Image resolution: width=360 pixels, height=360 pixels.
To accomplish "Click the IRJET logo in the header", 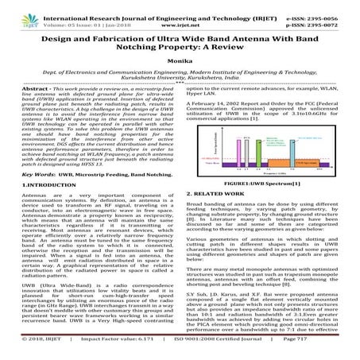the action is tap(18, 10).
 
